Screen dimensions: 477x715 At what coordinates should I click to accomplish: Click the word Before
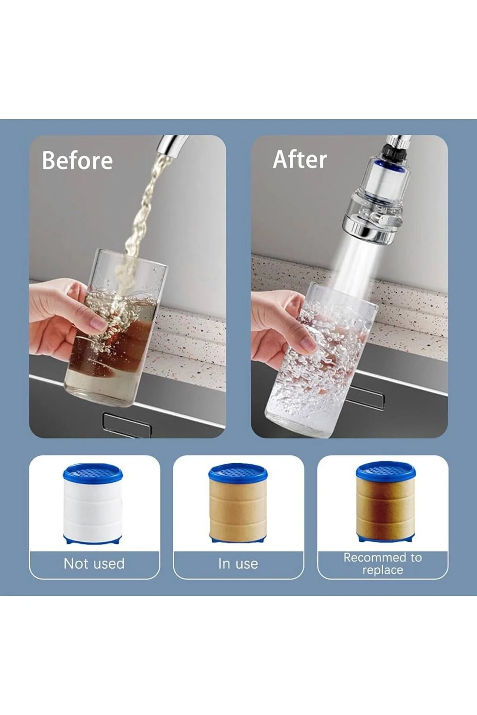tap(78, 160)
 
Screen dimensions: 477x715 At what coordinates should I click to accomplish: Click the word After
tap(300, 159)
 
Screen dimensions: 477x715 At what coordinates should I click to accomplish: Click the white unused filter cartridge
tap(93, 504)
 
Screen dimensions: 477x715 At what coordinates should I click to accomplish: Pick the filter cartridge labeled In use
tap(238, 503)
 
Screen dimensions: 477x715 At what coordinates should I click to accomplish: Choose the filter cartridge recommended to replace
tap(386, 502)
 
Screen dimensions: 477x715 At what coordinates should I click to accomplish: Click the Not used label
tap(94, 564)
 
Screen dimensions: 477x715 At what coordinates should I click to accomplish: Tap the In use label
tap(238, 564)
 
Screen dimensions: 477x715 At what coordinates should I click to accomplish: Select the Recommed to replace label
tap(383, 564)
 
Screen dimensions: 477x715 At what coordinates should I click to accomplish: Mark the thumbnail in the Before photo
tap(98, 324)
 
